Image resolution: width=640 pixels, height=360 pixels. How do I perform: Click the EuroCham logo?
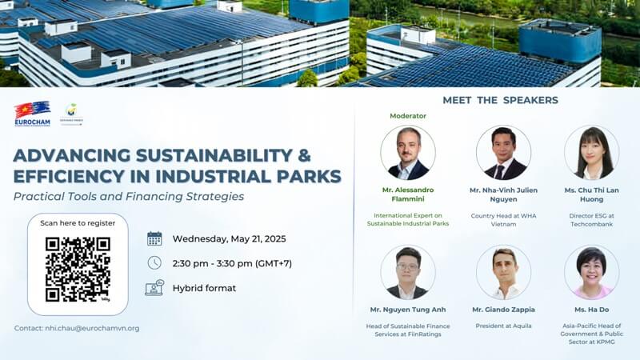point(32,114)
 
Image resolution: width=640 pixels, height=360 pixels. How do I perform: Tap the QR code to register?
point(78,269)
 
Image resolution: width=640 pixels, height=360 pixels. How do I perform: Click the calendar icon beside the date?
point(154,238)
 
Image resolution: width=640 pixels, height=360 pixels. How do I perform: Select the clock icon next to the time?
point(154,262)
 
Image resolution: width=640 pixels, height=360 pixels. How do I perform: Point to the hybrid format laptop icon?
point(154,288)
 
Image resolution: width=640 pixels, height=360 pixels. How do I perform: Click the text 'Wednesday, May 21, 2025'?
point(229,238)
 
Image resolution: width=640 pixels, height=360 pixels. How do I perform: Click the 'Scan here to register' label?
point(78,223)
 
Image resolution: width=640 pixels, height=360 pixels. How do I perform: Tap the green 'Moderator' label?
point(408,116)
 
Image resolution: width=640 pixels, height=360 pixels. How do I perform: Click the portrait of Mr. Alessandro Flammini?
point(408,152)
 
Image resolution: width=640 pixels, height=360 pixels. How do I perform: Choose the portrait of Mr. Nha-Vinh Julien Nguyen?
point(503,152)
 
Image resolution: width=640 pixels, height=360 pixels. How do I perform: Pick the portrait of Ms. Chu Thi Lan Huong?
point(591,152)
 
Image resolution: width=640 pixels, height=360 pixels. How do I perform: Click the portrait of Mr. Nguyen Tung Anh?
point(408,272)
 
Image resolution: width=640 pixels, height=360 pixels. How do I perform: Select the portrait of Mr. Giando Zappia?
point(503,272)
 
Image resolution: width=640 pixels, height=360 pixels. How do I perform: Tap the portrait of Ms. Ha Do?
point(591,272)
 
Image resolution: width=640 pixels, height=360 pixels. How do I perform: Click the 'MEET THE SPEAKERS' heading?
point(500,100)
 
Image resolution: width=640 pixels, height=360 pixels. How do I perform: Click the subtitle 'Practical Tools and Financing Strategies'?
point(129,196)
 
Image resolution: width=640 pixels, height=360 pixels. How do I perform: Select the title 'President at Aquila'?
point(503,326)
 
